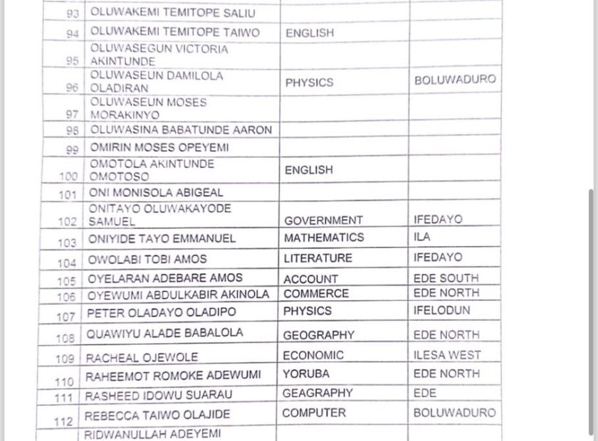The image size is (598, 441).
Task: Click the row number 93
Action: pyautogui.click(x=73, y=14)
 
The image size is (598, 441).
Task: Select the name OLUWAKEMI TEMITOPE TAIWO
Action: pyautogui.click(x=174, y=32)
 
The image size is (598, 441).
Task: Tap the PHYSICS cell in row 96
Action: pyautogui.click(x=309, y=83)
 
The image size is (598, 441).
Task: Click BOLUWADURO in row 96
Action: pyautogui.click(x=454, y=80)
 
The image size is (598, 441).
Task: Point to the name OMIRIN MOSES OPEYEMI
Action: pyautogui.click(x=159, y=148)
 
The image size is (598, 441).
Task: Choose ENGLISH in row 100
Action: pyautogui.click(x=308, y=170)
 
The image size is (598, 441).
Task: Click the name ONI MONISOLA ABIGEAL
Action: pyautogui.click(x=156, y=193)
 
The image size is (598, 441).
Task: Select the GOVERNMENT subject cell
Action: pyautogui.click(x=323, y=220)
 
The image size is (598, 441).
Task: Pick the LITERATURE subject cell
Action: pyautogui.click(x=318, y=258)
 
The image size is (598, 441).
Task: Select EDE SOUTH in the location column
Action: pyautogui.click(x=446, y=278)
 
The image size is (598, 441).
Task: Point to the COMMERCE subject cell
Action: pyautogui.click(x=316, y=294)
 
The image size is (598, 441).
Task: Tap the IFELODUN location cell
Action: pyautogui.click(x=441, y=311)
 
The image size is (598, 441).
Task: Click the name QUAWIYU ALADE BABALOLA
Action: pyautogui.click(x=164, y=333)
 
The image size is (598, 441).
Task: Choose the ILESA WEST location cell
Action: pyautogui.click(x=447, y=354)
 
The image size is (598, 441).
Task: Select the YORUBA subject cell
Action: pyautogui.click(x=305, y=373)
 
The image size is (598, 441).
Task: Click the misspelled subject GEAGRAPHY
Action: pyautogui.click(x=317, y=393)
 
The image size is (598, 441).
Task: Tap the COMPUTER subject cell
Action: pyautogui.click(x=313, y=413)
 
